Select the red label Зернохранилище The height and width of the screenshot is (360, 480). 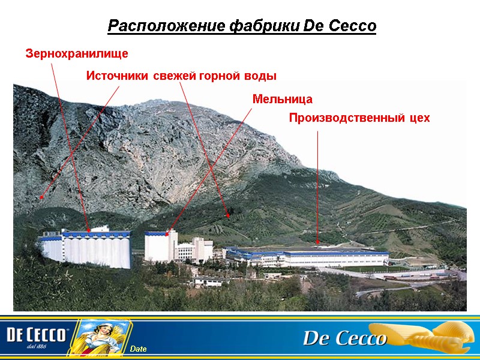coord(77,54)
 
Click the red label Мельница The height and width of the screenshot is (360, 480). coord(282,98)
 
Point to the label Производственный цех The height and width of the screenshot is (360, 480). coord(359,118)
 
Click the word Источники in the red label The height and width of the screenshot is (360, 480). coord(118,76)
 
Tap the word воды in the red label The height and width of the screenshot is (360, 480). coord(261,76)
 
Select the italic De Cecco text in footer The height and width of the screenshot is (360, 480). coord(344,339)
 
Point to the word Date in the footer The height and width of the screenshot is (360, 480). coord(138,349)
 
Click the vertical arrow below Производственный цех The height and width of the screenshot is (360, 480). coord(317,186)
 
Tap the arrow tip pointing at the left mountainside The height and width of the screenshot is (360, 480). coord(41,197)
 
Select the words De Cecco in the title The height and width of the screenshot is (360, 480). coord(340,26)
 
